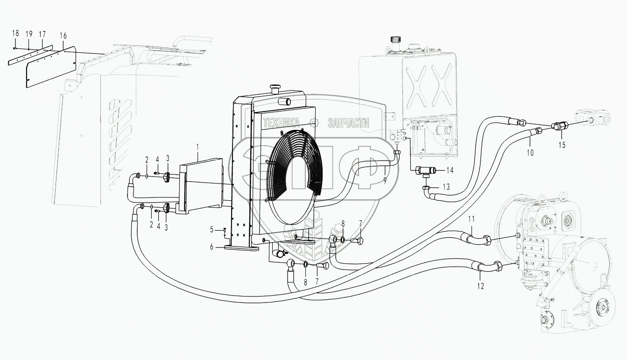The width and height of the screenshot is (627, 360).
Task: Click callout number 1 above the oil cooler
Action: click(197, 147)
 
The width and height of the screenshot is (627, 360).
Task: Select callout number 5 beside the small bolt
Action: click(211, 229)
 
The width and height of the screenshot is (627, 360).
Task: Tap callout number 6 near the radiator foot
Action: click(211, 247)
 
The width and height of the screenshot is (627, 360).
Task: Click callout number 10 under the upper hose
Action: click(530, 152)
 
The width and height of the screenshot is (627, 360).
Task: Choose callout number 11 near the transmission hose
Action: click(472, 219)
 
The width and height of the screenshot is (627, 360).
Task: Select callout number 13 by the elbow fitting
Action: click(446, 187)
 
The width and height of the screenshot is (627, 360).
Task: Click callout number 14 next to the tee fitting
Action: click(450, 170)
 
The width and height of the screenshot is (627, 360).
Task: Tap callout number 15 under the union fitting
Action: click(561, 145)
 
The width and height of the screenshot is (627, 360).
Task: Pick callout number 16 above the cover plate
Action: click(63, 35)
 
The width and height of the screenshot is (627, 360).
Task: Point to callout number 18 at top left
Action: click(15, 33)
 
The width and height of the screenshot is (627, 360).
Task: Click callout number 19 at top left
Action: click(29, 34)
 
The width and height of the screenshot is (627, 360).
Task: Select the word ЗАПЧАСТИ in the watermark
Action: click(348, 123)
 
